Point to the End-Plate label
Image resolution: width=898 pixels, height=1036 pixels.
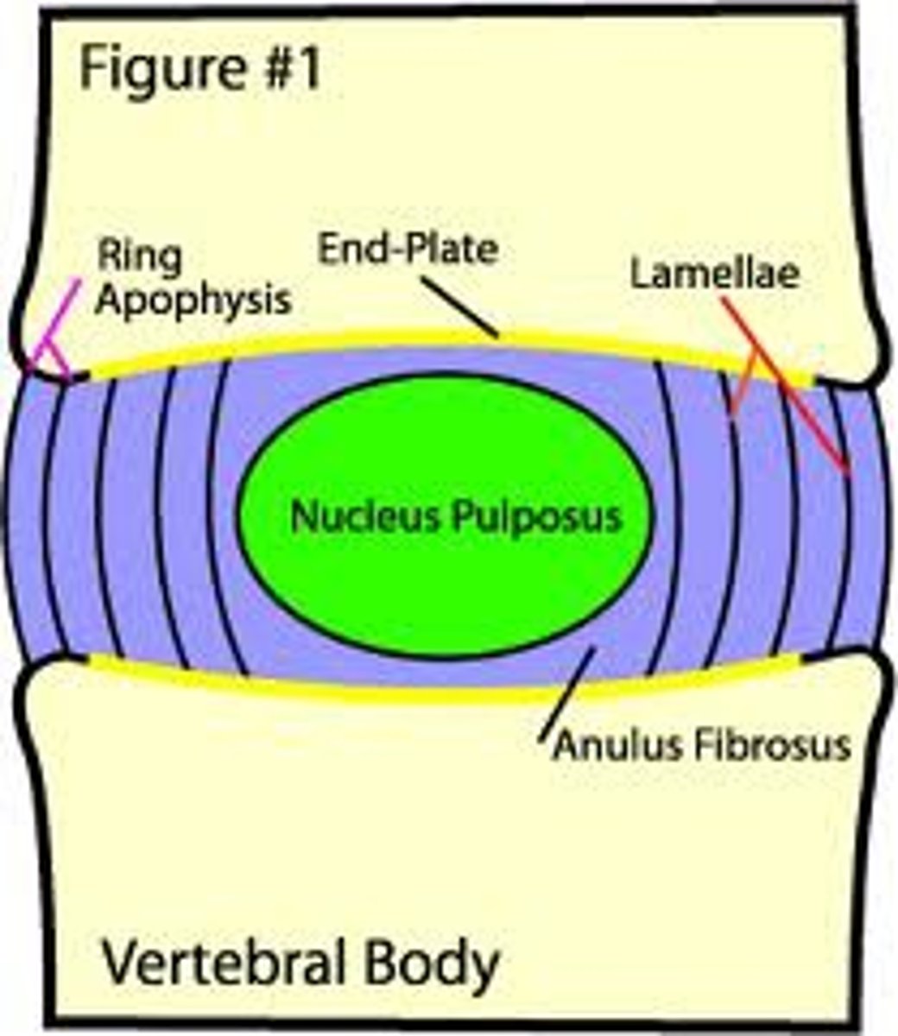click(x=408, y=250)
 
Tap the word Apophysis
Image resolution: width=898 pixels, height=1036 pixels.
click(x=192, y=300)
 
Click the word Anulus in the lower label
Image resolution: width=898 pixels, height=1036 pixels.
click(x=613, y=744)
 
